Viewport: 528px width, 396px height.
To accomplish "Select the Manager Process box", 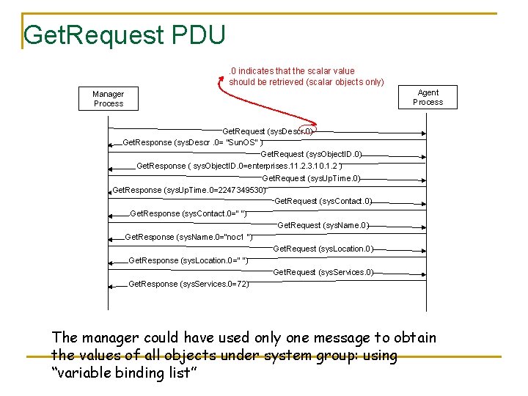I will click(x=109, y=99).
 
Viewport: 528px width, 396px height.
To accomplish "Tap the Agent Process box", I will click(x=428, y=98).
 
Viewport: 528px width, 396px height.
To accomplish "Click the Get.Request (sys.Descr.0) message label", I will click(x=268, y=131).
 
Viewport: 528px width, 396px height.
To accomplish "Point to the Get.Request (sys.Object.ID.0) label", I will click(x=311, y=155).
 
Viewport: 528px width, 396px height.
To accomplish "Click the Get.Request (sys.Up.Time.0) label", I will click(x=311, y=178).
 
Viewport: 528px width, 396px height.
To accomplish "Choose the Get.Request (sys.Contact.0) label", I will click(x=323, y=201).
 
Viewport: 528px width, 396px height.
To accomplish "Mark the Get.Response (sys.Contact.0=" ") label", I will click(x=188, y=213).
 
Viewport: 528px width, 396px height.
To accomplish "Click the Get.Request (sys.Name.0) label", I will click(x=323, y=225).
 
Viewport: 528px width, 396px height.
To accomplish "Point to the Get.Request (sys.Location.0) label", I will click(x=323, y=249).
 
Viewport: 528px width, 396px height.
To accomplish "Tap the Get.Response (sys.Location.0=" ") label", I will click(x=188, y=260).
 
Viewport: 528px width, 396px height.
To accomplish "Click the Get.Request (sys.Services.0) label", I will click(x=323, y=272).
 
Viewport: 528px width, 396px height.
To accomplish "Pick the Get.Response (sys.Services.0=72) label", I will click(x=188, y=284).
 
